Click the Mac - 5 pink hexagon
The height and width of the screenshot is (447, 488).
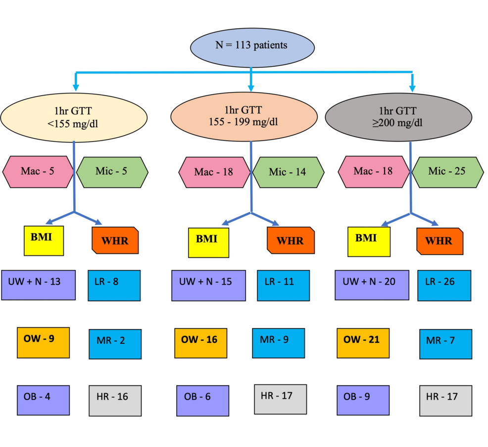click(x=38, y=172)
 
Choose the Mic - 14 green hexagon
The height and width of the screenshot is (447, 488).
click(x=288, y=173)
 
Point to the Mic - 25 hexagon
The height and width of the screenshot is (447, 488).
click(x=447, y=172)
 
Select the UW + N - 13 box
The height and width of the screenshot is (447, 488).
click(x=38, y=285)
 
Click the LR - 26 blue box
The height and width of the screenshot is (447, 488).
click(x=443, y=285)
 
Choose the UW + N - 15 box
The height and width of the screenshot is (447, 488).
click(x=208, y=285)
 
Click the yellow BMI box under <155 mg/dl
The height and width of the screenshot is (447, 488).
click(x=44, y=241)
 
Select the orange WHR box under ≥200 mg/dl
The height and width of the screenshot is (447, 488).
click(x=439, y=242)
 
